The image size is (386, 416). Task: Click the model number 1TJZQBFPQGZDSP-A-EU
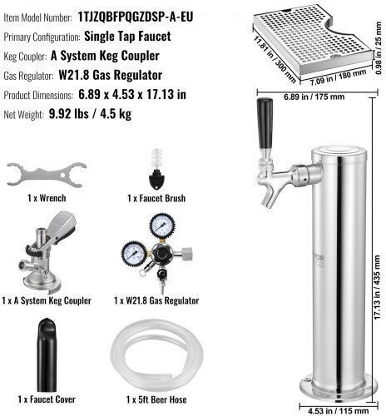tap(136, 17)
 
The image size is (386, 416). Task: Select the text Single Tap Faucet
tap(127, 37)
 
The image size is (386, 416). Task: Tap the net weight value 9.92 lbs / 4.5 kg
tap(90, 114)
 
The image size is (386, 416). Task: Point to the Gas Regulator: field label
tap(28, 76)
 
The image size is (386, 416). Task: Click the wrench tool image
tap(47, 175)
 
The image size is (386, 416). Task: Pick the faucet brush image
tap(157, 171)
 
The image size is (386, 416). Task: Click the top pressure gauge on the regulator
tap(162, 225)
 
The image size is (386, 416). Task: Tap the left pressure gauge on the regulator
tap(134, 254)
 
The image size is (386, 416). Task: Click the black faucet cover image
tap(47, 354)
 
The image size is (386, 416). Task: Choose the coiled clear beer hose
tap(156, 356)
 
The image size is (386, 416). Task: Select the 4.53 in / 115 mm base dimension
tap(339, 411)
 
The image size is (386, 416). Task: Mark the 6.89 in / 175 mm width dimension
tap(314, 97)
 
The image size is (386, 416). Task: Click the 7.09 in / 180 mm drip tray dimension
tap(338, 77)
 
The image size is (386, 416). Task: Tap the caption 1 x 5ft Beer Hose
tap(156, 399)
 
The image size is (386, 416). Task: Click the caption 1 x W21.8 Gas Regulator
tap(156, 300)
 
